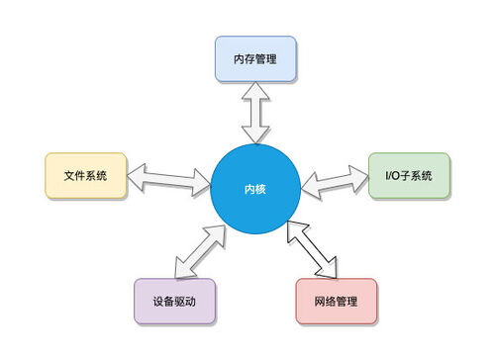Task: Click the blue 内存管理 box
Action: click(x=255, y=59)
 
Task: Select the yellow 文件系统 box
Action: click(x=85, y=175)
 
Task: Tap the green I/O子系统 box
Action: click(x=409, y=175)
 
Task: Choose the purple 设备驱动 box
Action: click(x=174, y=301)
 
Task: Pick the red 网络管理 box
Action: click(x=337, y=301)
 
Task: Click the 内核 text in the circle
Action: click(x=256, y=188)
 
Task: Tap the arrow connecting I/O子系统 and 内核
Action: click(x=335, y=181)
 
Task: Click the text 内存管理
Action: click(x=255, y=59)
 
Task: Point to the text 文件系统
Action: click(x=85, y=175)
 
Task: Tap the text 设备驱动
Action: click(x=174, y=301)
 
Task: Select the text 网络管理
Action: click(x=337, y=301)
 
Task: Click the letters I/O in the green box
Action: click(x=392, y=175)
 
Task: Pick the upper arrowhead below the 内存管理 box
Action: click(x=255, y=92)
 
